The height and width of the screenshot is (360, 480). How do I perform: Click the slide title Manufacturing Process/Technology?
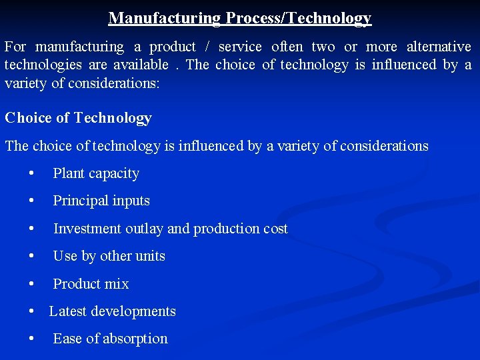(240, 18)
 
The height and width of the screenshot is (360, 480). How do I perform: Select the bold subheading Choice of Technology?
(78, 118)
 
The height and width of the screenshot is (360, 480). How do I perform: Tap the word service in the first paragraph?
(240, 47)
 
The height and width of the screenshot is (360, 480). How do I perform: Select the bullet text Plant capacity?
(96, 173)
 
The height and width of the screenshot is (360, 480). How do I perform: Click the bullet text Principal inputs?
(101, 201)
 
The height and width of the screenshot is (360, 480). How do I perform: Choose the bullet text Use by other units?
(109, 256)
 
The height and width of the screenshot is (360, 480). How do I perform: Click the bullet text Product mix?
(91, 283)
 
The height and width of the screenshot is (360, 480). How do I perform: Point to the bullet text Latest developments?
(112, 311)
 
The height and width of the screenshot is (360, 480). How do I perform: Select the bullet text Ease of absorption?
(110, 339)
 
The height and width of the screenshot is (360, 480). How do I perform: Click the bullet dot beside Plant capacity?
(32, 173)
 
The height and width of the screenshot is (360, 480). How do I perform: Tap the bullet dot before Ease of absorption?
(32, 339)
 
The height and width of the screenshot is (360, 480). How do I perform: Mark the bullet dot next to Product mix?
(32, 283)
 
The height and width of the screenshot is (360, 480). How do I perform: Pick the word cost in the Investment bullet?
(275, 229)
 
